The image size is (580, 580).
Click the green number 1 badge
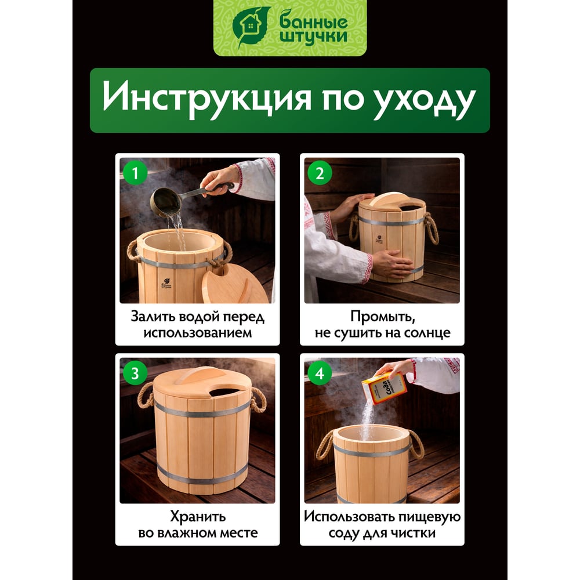135,173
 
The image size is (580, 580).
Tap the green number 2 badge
320,173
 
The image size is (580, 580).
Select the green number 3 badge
135,373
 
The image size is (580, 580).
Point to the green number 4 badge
320,373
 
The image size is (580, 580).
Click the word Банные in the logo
314,22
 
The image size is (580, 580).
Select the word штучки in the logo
314,38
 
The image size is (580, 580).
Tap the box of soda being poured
384,388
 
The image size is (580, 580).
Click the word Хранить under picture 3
198,516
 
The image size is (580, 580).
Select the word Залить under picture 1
152,317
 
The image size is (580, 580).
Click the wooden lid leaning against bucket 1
234,284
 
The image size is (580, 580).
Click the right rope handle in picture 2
432,228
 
